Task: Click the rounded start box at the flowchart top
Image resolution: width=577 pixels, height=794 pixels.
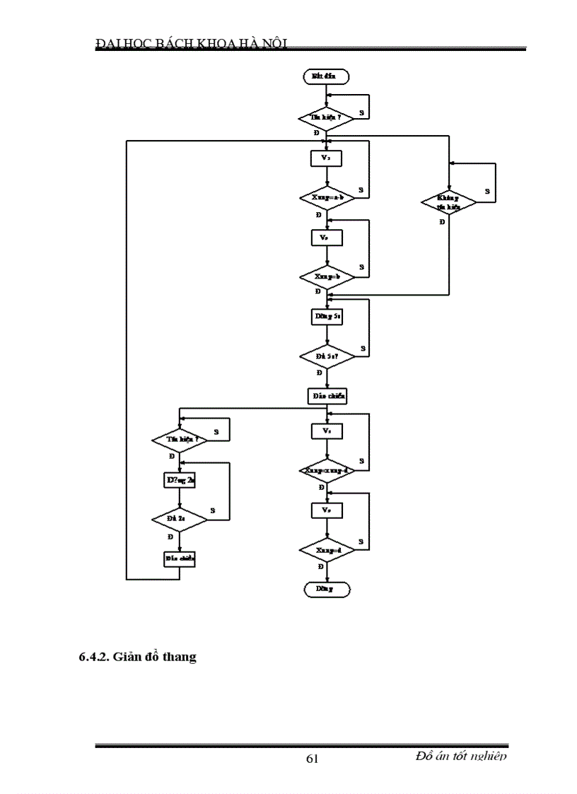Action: (325, 75)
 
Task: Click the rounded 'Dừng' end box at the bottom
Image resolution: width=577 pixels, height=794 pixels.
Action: (325, 588)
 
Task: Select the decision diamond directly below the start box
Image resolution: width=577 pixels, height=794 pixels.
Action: (325, 117)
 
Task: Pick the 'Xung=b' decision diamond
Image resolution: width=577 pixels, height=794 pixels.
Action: (326, 276)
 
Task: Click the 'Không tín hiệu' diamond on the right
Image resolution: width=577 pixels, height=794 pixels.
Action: (448, 203)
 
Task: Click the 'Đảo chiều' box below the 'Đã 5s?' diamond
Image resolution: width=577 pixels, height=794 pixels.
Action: (326, 396)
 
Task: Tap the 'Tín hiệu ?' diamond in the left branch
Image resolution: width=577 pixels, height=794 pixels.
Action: (180, 439)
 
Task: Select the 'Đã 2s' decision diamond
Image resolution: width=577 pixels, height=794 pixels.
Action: (180, 519)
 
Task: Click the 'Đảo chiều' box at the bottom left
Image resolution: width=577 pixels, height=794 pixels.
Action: (180, 559)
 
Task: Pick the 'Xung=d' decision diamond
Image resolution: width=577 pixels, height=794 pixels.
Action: (326, 549)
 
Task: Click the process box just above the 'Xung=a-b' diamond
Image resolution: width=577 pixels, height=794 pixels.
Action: (326, 158)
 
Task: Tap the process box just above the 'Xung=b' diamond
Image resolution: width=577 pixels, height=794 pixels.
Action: (326, 238)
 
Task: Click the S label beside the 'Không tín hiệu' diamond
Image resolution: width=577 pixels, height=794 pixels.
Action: (486, 191)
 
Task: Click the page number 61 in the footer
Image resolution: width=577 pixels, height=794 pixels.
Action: (312, 759)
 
